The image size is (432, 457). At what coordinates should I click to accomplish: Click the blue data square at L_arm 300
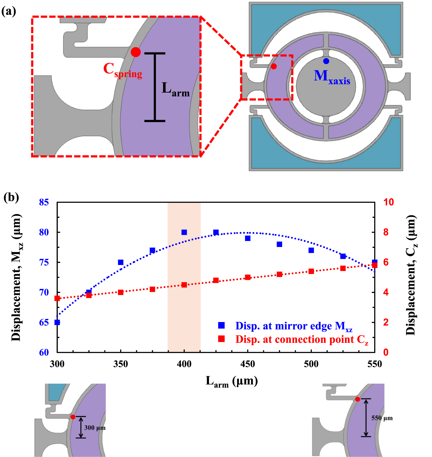point(57,322)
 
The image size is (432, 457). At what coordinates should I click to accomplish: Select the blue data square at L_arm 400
point(184,232)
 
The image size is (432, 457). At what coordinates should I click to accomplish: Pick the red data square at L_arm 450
point(248,277)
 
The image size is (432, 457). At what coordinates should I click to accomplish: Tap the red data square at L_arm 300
point(57,298)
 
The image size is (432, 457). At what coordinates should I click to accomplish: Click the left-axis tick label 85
point(44,202)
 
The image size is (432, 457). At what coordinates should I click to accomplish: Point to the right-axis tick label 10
point(389,202)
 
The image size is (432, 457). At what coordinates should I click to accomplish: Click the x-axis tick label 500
point(311,364)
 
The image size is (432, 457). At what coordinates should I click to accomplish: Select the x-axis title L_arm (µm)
point(232,381)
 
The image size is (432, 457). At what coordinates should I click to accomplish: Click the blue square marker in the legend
point(221,325)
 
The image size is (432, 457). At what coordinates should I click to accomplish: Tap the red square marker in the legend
point(221,339)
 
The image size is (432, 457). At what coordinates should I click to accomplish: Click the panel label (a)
point(9,11)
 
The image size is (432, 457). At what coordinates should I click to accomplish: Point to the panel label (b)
point(11,197)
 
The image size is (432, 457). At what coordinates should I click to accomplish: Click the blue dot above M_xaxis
point(326,61)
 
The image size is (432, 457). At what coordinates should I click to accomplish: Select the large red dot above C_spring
point(136,52)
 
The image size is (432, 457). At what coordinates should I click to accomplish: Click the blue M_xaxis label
point(332,77)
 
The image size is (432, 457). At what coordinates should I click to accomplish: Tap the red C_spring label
point(123,70)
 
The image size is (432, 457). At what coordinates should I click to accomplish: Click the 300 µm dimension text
point(95,428)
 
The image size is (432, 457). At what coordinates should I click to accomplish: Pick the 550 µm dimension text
point(382,418)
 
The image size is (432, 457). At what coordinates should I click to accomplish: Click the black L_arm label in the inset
point(175,89)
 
